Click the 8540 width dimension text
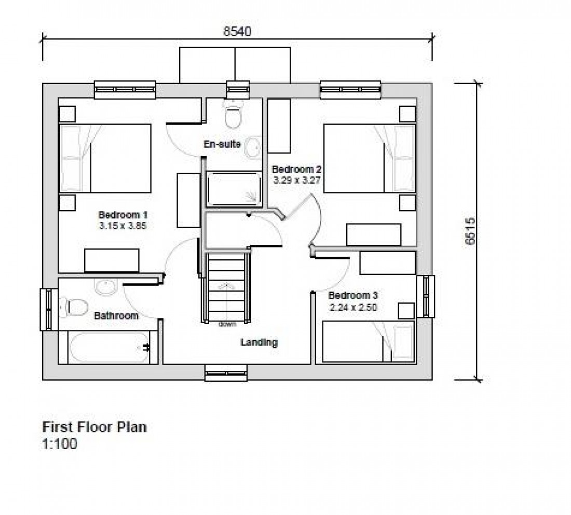tap(237, 31)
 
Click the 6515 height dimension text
tap(470, 231)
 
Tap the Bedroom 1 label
tap(123, 215)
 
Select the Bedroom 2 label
tap(296, 170)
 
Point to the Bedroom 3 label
tap(353, 296)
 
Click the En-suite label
tap(222, 144)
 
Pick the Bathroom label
tap(116, 315)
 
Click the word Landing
tap(259, 342)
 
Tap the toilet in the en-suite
tap(233, 114)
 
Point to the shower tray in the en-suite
tap(234, 189)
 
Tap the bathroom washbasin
tap(106, 287)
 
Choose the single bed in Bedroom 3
tap(369, 341)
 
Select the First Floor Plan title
tap(94, 427)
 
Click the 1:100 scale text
tap(59, 444)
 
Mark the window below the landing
tap(226, 372)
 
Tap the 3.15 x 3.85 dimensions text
tap(123, 226)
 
